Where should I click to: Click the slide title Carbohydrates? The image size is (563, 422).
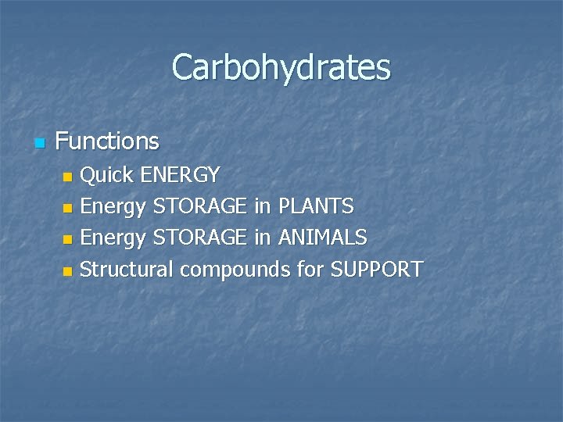coord(281,67)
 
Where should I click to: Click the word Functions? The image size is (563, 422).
coord(107,141)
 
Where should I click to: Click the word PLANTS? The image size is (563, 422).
coord(316,206)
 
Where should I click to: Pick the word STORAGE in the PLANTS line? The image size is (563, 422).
coord(200,206)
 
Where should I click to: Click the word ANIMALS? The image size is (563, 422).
coord(323,238)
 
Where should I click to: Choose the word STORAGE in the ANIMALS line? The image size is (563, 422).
coord(200,238)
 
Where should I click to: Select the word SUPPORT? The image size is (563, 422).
coord(377,270)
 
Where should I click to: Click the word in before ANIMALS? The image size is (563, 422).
coord(262,238)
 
